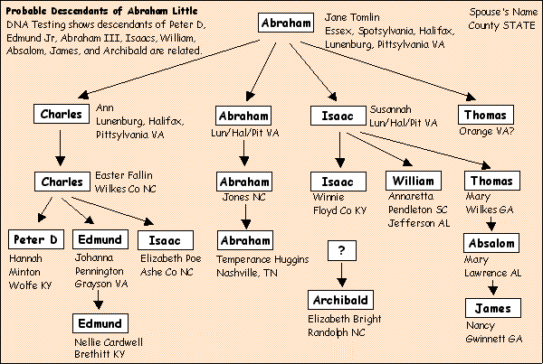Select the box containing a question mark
[x=341, y=250]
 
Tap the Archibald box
[x=341, y=299]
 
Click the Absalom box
[x=493, y=242]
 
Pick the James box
[x=493, y=309]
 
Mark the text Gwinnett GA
[x=496, y=338]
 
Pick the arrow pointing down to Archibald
[x=341, y=274]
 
